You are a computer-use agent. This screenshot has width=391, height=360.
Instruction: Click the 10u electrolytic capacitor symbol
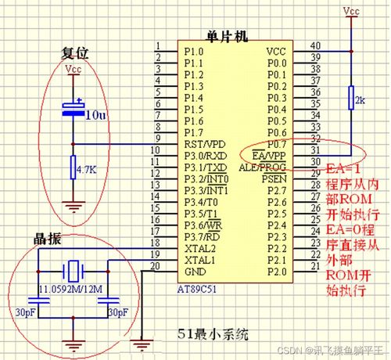[x=74, y=109]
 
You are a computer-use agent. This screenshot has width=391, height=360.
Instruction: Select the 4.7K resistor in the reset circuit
[x=74, y=167]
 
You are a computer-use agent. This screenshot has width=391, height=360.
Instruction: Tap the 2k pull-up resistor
[x=351, y=97]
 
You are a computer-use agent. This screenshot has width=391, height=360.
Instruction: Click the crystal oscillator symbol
[x=74, y=272]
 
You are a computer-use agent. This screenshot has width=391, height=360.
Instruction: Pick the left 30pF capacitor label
[x=25, y=312]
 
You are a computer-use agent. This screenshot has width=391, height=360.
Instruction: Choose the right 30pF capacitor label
[x=118, y=312]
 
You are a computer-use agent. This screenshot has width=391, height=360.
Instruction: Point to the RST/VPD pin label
[x=205, y=144]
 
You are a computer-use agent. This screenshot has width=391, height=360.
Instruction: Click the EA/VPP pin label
[x=269, y=156]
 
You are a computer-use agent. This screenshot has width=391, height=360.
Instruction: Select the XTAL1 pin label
[x=200, y=260]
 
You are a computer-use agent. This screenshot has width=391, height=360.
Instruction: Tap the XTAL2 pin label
[x=200, y=249]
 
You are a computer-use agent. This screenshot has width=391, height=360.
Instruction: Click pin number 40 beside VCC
[x=315, y=45]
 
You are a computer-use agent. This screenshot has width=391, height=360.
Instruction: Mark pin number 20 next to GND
[x=155, y=266]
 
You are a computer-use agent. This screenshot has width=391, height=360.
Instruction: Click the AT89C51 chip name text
[x=197, y=289]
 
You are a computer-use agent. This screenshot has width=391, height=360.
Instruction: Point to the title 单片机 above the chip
[x=227, y=36]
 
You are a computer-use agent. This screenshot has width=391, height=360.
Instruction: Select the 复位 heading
[x=75, y=53]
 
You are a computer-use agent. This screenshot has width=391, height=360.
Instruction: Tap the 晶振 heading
[x=48, y=239]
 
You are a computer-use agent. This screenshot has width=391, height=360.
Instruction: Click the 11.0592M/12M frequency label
[x=70, y=289]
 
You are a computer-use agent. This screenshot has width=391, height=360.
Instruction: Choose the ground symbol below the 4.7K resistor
[x=74, y=207]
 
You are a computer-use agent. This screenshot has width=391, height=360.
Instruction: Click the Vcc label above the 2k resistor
[x=351, y=11]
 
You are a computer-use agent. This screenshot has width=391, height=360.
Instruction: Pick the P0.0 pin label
[x=277, y=63]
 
